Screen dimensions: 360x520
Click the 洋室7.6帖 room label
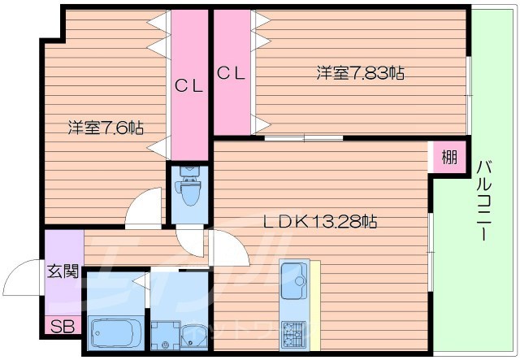[106, 128]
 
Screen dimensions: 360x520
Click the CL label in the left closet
[189, 84]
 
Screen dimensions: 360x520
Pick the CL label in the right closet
[232, 73]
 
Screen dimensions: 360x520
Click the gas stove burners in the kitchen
[293, 332]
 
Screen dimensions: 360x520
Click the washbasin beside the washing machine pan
[195, 333]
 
